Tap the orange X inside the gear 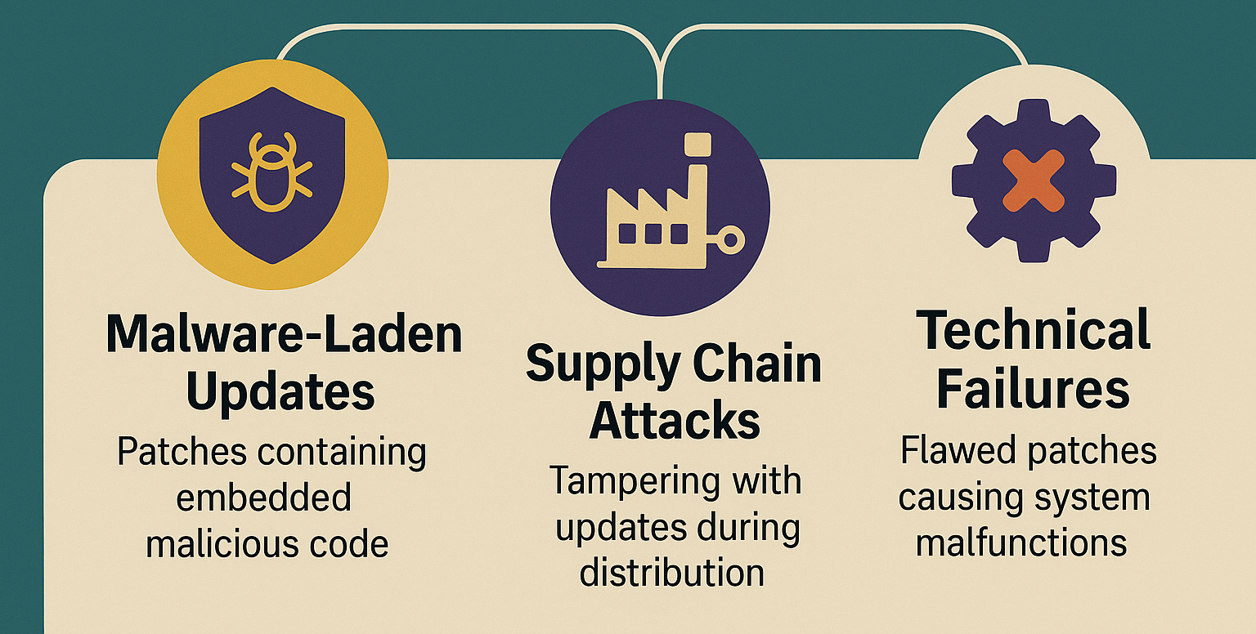1034,181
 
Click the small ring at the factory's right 730,240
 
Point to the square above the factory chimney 698,145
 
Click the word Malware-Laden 284,334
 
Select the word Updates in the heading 280,393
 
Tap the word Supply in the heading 603,364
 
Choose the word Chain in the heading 757,363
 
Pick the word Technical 1033,330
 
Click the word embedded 263,497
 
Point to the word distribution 671,573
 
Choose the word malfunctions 1021,542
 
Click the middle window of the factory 653,234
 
